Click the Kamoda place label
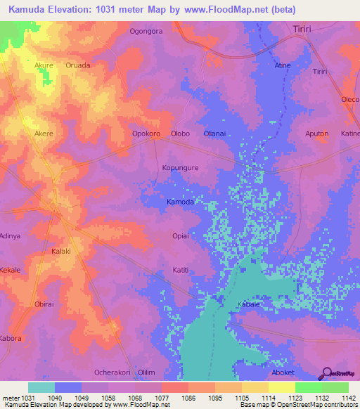[180, 202]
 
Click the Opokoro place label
[146, 134]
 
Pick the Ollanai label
[214, 134]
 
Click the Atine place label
[282, 65]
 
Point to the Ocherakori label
[112, 372]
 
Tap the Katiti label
[181, 270]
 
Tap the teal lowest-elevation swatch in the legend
[41, 387]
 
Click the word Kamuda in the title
[29, 10]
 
